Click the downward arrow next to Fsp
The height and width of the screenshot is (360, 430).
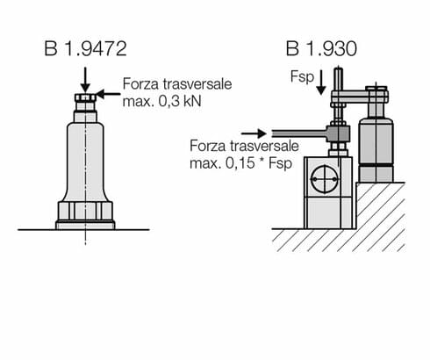tap(321, 82)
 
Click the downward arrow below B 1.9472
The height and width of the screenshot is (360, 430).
tap(84, 75)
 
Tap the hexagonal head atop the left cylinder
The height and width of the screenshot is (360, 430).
tap(85, 97)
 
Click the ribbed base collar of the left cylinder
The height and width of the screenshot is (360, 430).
tap(85, 212)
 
